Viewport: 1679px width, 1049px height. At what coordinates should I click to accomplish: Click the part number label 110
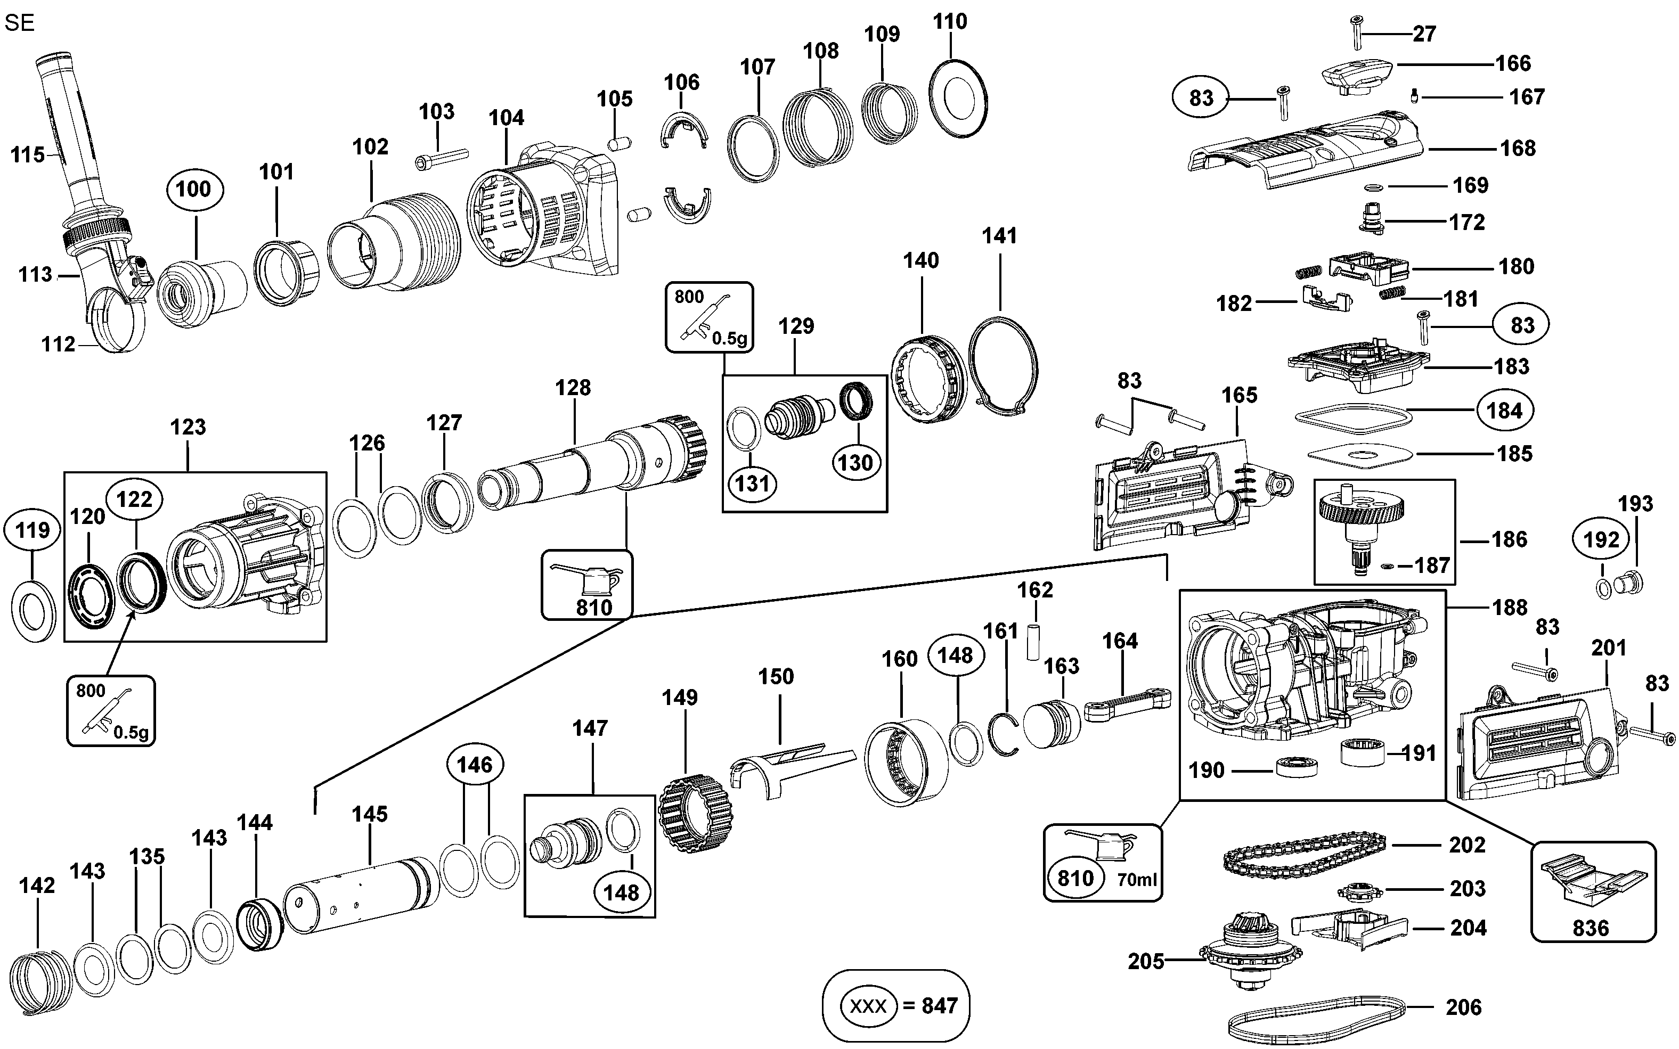click(950, 21)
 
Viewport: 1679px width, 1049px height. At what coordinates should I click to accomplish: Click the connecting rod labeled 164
click(1128, 706)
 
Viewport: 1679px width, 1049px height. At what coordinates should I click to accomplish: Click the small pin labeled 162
click(1035, 642)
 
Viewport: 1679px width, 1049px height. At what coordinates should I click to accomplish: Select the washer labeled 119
click(34, 611)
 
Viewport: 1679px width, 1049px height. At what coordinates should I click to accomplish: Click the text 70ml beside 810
click(1136, 879)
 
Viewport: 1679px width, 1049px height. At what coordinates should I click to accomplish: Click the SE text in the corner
click(19, 23)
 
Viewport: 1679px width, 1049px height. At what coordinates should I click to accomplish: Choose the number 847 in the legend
click(940, 1005)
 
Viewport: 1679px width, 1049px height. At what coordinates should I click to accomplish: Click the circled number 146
click(475, 765)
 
